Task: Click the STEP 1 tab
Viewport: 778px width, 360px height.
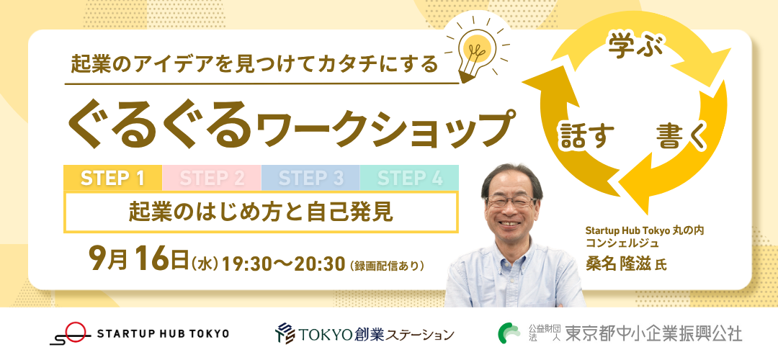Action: (x=112, y=178)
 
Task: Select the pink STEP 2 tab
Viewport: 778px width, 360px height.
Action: (x=212, y=178)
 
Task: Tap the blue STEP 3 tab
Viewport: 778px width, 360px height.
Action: (x=310, y=178)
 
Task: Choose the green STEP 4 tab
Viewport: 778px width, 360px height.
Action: (x=409, y=178)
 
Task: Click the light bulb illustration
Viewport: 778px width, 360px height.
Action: (x=475, y=50)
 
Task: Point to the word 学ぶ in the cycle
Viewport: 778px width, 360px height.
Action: (x=630, y=48)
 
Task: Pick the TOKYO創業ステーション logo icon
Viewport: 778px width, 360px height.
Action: (x=285, y=333)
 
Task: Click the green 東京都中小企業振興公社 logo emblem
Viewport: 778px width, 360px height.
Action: (x=509, y=333)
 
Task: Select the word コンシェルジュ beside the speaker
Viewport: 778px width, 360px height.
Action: (x=622, y=243)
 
